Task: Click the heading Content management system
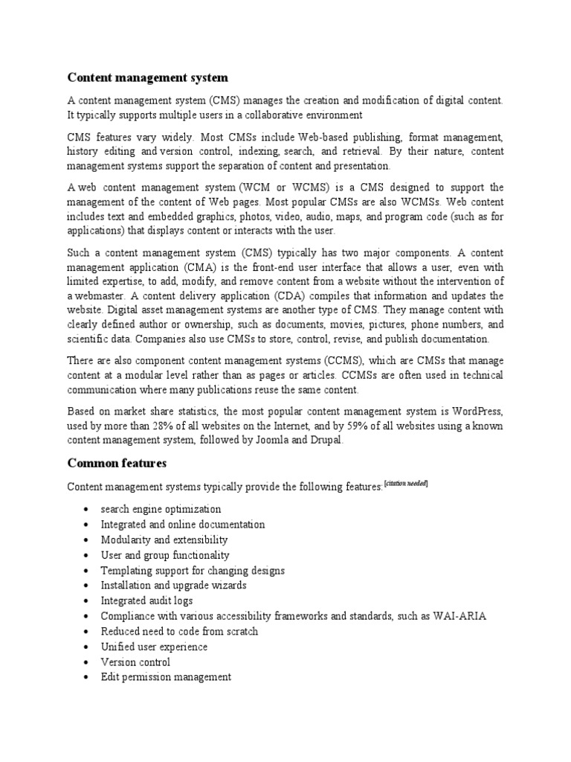pos(148,77)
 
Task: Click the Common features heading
pos(117,463)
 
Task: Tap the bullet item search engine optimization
pos(161,509)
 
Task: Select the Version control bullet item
pos(135,662)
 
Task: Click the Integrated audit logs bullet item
pos(146,601)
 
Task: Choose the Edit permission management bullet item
pos(166,677)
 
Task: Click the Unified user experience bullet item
pos(154,647)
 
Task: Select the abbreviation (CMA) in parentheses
pos(193,266)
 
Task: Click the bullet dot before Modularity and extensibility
pos(87,540)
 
